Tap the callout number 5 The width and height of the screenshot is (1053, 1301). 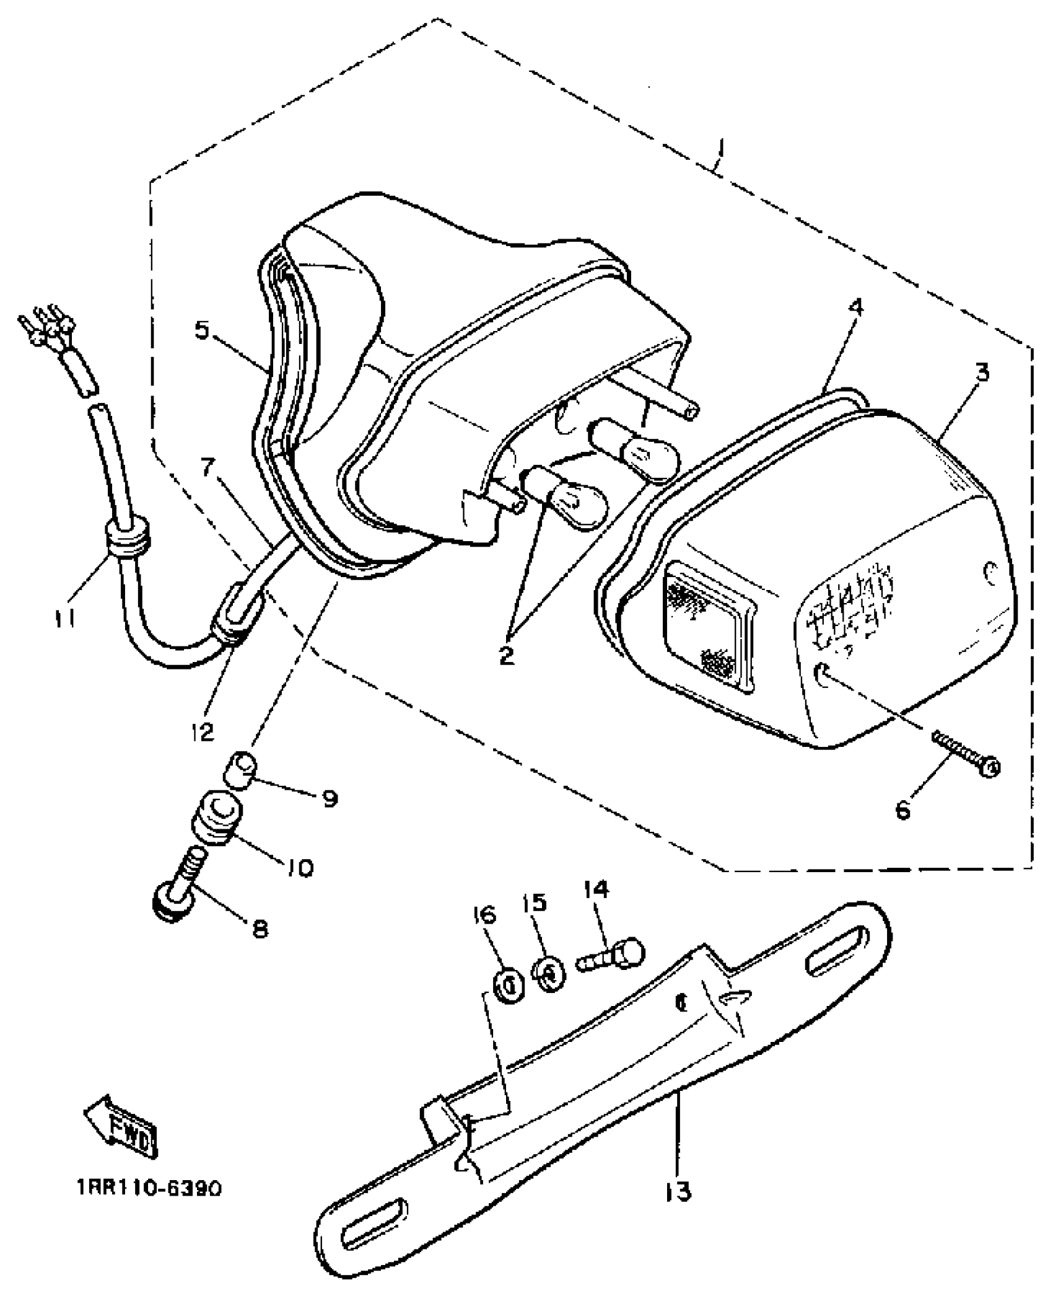(x=203, y=329)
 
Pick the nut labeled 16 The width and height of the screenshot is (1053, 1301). (x=508, y=984)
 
